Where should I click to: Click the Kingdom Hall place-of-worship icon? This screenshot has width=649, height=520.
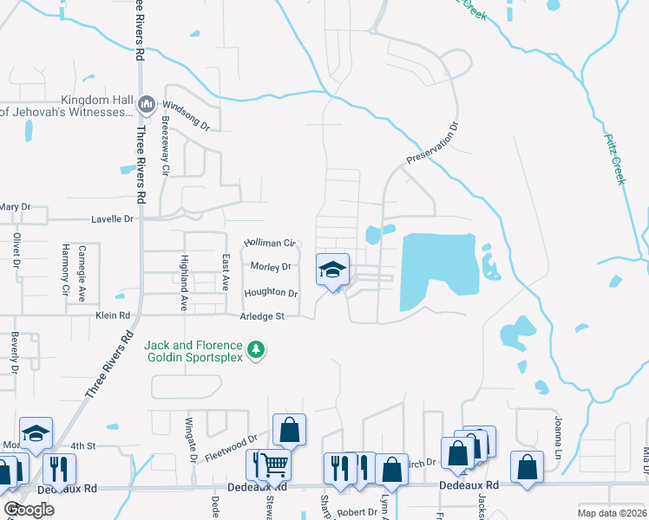(x=146, y=105)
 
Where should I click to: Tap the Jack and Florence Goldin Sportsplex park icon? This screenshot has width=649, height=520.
(x=256, y=349)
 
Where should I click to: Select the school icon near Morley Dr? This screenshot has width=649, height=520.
(x=332, y=270)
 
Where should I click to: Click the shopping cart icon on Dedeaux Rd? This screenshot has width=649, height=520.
(x=274, y=466)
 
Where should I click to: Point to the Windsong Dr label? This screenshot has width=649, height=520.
(x=187, y=114)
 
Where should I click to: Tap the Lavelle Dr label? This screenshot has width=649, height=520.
(x=113, y=219)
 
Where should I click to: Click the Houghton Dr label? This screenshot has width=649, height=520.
(x=270, y=293)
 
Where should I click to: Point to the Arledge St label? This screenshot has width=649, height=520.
(x=264, y=316)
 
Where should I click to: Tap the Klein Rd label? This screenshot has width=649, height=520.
(x=112, y=316)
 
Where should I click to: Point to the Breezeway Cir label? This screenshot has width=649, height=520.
(x=164, y=147)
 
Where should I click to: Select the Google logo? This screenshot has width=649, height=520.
(x=29, y=510)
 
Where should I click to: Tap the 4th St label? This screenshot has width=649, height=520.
(x=82, y=445)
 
